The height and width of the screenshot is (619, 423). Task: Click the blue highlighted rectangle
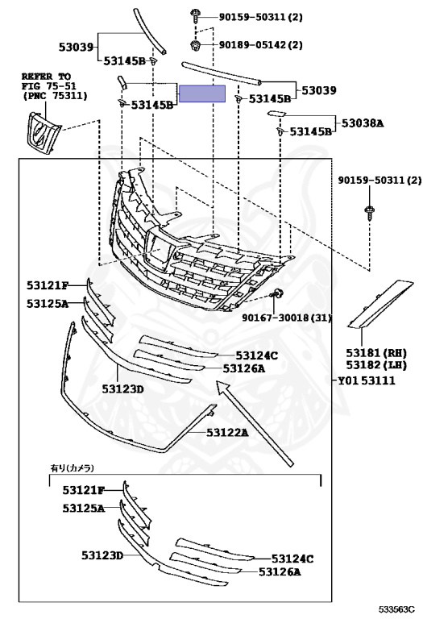202,93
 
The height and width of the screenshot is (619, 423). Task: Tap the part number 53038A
363,123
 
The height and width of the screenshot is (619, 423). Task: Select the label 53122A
227,433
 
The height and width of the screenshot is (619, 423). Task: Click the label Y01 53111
367,380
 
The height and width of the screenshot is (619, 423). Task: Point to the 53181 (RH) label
376,352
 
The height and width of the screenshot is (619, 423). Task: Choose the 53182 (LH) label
376,365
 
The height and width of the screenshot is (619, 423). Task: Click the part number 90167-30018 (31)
287,317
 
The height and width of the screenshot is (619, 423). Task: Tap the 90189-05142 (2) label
261,44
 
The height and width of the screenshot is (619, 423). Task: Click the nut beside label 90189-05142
195,45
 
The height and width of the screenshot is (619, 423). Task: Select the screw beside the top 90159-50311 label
195,16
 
